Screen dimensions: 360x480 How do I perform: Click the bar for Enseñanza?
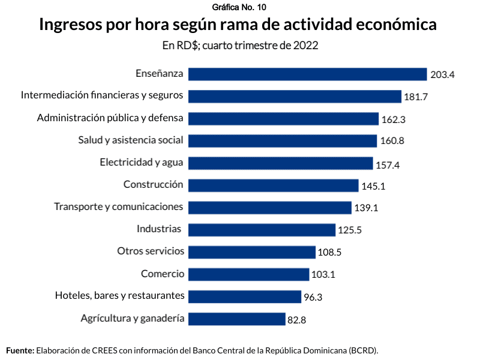[307, 74]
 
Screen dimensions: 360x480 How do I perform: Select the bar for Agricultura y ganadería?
[237, 319]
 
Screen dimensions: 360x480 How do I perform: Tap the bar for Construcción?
[274, 185]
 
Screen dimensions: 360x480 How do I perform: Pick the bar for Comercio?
[249, 274]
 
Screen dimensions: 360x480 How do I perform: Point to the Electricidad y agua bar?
[281, 163]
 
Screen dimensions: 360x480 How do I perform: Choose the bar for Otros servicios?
[252, 252]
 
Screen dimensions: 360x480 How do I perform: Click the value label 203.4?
[442, 75]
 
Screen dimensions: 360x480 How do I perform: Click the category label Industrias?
[159, 229]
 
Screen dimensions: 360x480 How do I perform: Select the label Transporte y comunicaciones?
[118, 207]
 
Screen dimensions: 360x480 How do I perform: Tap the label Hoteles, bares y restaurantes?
[119, 296]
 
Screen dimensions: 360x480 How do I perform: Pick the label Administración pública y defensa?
[110, 118]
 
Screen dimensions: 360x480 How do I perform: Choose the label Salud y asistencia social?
[131, 140]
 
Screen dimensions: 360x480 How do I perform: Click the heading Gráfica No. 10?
[239, 7]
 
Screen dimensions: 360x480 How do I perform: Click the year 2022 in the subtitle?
[305, 46]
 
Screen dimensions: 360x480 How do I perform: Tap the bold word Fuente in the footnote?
[20, 350]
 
